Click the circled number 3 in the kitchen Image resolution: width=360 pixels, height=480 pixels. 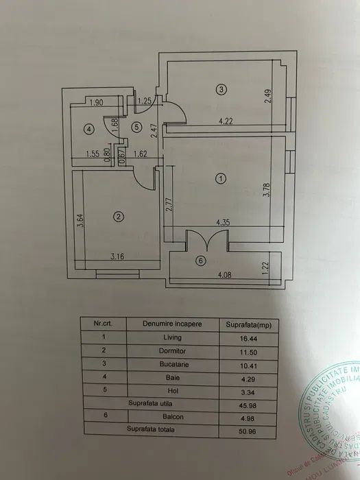(x=220, y=88)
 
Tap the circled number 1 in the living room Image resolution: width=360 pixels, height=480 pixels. (x=220, y=179)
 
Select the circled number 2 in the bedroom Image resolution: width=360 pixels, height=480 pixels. (x=119, y=217)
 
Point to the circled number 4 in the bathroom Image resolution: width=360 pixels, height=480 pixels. (x=89, y=128)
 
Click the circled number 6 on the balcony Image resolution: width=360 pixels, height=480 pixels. (x=200, y=261)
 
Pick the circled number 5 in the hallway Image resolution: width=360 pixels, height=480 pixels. (x=137, y=126)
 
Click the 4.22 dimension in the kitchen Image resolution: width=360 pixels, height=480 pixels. (x=227, y=122)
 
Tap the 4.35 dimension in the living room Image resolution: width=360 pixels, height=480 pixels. (x=223, y=222)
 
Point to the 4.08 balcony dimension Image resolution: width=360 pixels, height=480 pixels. (x=226, y=276)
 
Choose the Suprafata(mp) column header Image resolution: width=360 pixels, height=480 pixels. (x=245, y=323)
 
